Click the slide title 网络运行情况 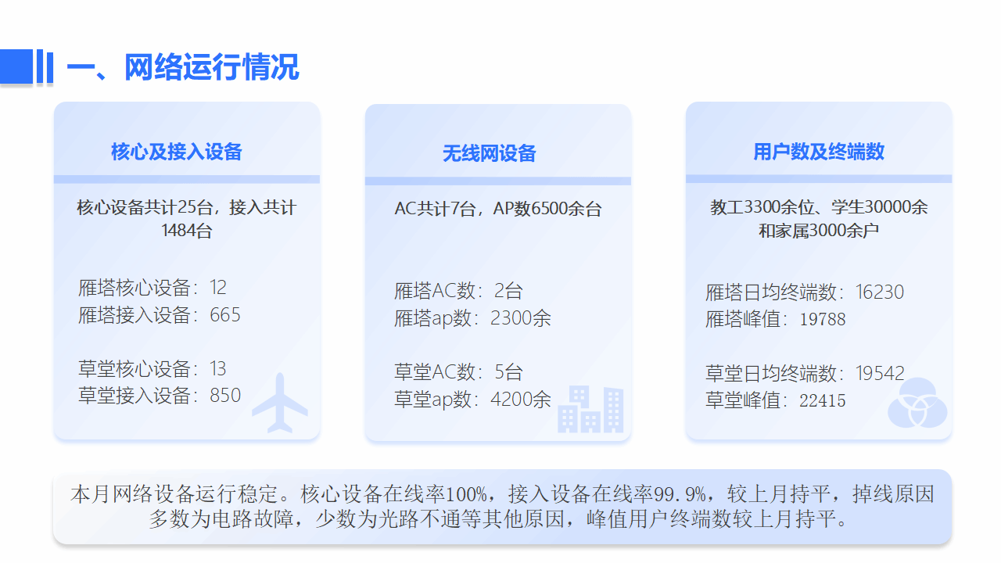pyautogui.click(x=211, y=67)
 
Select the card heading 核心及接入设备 pyautogui.click(x=177, y=152)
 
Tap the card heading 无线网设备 pyautogui.click(x=489, y=153)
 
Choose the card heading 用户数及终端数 pyautogui.click(x=819, y=152)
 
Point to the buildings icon pyautogui.click(x=590, y=409)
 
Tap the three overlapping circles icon pyautogui.click(x=917, y=403)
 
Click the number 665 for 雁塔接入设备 pyautogui.click(x=225, y=315)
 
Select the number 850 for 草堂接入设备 pyautogui.click(x=225, y=396)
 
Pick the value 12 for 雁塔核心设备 pyautogui.click(x=218, y=287)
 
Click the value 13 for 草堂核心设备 pyautogui.click(x=218, y=368)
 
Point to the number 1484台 pyautogui.click(x=187, y=231)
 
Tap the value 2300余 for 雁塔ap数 pyautogui.click(x=521, y=318)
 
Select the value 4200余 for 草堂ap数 pyautogui.click(x=521, y=400)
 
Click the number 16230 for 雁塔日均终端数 pyautogui.click(x=880, y=292)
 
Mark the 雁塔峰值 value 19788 pyautogui.click(x=822, y=320)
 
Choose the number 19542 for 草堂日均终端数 pyautogui.click(x=880, y=374)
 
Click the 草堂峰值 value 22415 pyautogui.click(x=822, y=401)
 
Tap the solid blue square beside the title pyautogui.click(x=16, y=66)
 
